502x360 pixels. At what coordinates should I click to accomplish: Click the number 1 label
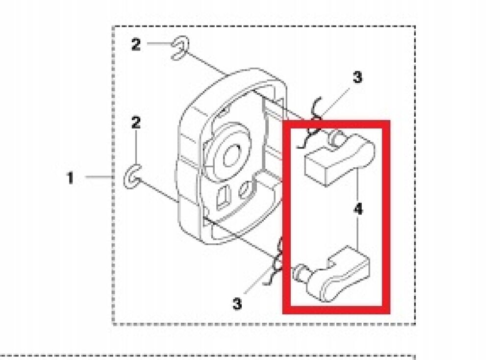[x=71, y=178]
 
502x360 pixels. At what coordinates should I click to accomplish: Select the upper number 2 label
[x=136, y=45]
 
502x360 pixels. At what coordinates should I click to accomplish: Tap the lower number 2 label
[x=136, y=123]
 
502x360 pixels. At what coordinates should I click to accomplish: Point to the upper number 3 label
[x=357, y=77]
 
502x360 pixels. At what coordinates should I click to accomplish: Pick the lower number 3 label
[x=237, y=304]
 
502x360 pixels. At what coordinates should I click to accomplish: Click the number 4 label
[x=358, y=210]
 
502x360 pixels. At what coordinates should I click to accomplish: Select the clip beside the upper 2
[x=179, y=49]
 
